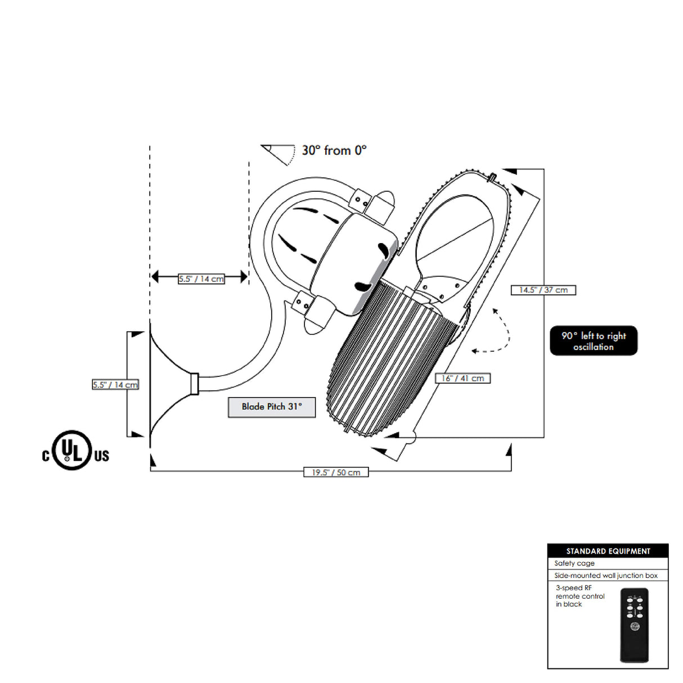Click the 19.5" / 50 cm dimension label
336,472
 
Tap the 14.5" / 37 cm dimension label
543,290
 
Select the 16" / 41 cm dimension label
462,378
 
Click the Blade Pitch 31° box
272,407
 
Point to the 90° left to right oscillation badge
594,341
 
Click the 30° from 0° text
334,151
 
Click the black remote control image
635,624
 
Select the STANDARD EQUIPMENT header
608,551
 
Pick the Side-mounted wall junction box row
606,576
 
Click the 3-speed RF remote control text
580,596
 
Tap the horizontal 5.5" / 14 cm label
201,278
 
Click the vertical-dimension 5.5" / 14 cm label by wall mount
115,385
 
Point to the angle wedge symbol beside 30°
279,154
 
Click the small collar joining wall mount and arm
195,384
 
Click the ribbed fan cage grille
388,354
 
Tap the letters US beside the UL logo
102,456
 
